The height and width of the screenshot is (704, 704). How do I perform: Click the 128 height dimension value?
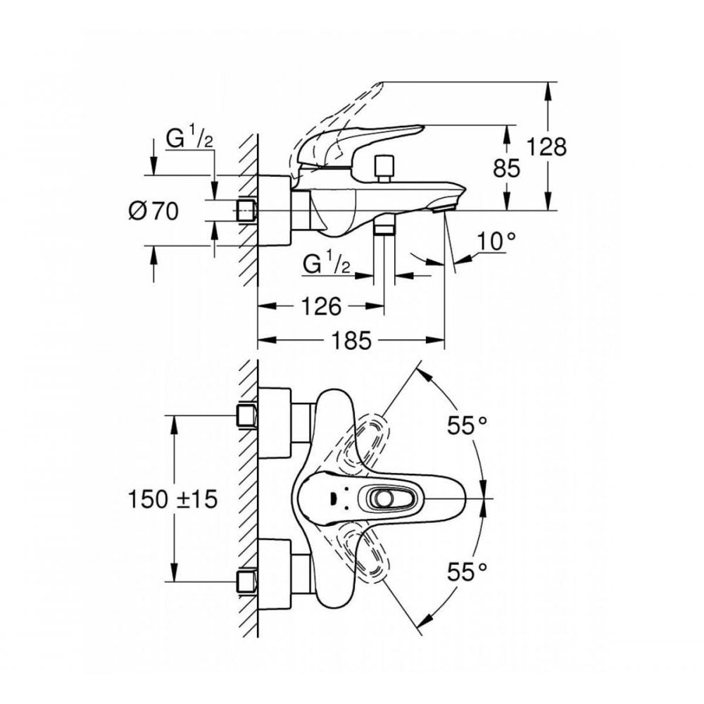pos(548,147)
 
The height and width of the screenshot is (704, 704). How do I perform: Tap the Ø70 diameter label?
pos(154,210)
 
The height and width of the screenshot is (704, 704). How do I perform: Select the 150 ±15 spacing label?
pos(173,499)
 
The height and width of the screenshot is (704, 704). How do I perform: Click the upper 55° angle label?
pos(467,425)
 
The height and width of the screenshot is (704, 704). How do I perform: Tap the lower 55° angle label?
pos(467,571)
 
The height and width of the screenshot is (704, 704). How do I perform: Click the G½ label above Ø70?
pos(189,139)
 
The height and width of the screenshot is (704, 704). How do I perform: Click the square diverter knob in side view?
pos(383,166)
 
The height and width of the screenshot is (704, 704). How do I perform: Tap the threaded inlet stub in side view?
pos(246,210)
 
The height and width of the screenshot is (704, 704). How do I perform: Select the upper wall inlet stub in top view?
pos(246,417)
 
